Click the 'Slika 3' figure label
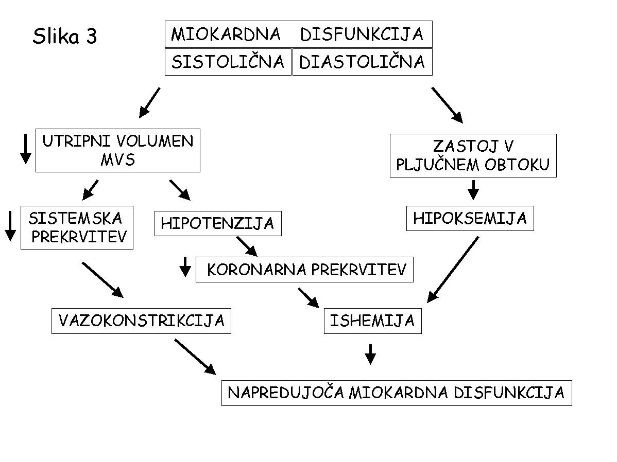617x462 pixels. (x=64, y=36)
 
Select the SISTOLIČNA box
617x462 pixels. (x=228, y=62)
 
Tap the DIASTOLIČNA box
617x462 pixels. (x=363, y=62)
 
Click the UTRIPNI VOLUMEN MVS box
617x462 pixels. (x=117, y=150)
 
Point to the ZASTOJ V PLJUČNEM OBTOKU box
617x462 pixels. (x=473, y=155)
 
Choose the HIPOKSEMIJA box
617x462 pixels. (x=470, y=218)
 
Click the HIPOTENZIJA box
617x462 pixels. (x=218, y=223)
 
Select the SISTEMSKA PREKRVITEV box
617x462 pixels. (x=77, y=227)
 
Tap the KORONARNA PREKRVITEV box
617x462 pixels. (x=304, y=270)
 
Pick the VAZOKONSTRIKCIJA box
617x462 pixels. (x=141, y=321)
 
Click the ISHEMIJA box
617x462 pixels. (x=373, y=321)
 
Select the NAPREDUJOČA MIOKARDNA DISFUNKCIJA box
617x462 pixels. (x=397, y=393)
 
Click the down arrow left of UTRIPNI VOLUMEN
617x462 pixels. (x=26, y=149)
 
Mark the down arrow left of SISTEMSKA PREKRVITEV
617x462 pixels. (x=11, y=226)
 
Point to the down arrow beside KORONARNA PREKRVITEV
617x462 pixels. (x=185, y=267)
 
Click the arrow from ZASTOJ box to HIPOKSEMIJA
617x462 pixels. (x=473, y=190)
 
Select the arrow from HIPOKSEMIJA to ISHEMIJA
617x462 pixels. (x=453, y=270)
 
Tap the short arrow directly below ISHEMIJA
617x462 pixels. (x=370, y=354)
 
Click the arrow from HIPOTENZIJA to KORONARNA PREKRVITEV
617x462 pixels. (x=247, y=246)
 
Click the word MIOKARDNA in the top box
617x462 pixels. (x=226, y=34)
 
